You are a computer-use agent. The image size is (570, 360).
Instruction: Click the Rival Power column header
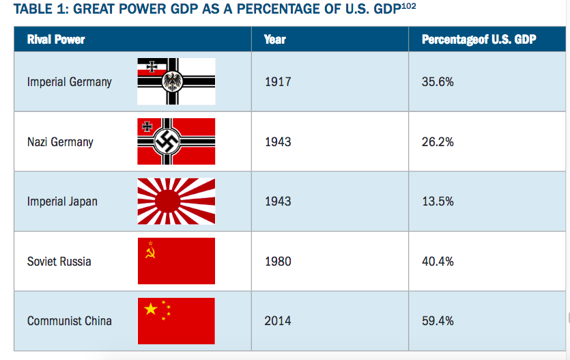coord(56,39)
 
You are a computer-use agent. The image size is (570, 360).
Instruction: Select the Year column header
coord(274,39)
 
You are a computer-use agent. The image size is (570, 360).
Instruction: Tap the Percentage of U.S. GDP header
coord(479,39)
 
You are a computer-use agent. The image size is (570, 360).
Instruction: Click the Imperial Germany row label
coord(69,82)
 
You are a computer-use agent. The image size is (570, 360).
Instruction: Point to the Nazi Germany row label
coord(60,142)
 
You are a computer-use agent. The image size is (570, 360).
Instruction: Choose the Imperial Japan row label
coord(62,202)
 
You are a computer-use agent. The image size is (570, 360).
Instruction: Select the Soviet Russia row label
coord(59,261)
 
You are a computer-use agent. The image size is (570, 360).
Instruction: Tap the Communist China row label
coord(69,320)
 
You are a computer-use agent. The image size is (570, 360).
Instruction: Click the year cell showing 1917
coord(277,82)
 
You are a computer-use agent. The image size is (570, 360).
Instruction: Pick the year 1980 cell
coord(277,261)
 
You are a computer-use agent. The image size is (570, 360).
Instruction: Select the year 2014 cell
coord(277,320)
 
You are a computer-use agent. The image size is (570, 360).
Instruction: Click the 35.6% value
coord(438,82)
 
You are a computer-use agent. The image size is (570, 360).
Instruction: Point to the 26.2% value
coord(438,142)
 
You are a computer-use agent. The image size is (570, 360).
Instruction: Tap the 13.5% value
coord(438,202)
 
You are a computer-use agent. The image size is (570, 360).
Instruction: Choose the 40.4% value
coord(438,261)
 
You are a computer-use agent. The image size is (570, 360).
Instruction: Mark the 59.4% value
coord(438,320)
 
